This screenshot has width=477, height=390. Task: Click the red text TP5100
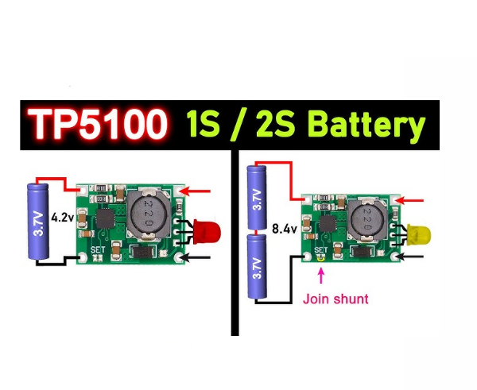[97, 125]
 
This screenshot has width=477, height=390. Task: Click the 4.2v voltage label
[63, 216]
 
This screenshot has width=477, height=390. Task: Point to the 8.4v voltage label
[283, 228]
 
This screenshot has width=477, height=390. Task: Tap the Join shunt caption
[335, 299]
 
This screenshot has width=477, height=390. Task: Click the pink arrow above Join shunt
[321, 276]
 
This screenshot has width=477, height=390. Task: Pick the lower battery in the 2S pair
[256, 266]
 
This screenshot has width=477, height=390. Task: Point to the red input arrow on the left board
[203, 191]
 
